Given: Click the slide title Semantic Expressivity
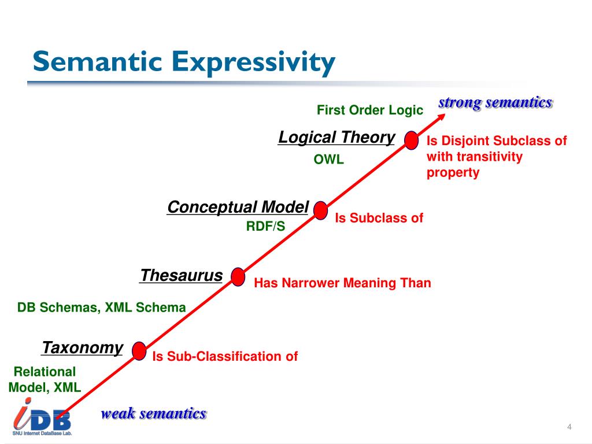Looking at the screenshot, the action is [x=183, y=62].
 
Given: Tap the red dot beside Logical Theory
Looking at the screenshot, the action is [x=411, y=140].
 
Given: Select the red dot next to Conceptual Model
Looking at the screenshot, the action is [x=321, y=211].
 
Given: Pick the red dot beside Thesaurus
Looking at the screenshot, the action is [x=238, y=277].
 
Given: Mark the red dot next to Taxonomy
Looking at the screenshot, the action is [x=139, y=351].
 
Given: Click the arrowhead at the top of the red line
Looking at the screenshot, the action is [x=442, y=116].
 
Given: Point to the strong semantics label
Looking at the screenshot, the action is [x=495, y=103].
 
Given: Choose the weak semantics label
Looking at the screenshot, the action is [x=154, y=413].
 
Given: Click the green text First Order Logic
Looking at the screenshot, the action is [x=370, y=110].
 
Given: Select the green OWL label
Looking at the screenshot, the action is [x=328, y=160].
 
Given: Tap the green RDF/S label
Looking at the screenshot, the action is [x=265, y=227].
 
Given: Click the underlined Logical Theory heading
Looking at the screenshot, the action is [x=336, y=138].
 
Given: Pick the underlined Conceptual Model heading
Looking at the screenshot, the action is [x=238, y=207].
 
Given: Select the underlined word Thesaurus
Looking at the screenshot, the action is [x=182, y=275].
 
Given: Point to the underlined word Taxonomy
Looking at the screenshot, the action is [x=82, y=347].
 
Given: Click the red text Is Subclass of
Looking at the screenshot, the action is [x=379, y=218].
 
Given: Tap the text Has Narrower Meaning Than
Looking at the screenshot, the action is [x=343, y=283].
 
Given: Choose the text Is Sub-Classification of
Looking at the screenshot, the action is [x=225, y=356].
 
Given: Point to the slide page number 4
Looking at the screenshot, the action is [x=569, y=427].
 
